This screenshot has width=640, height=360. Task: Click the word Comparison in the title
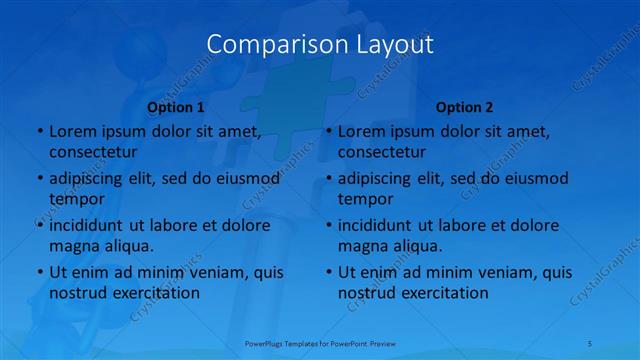tap(267, 44)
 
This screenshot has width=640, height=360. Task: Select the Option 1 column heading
tap(176, 107)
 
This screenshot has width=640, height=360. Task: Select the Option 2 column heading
tap(465, 107)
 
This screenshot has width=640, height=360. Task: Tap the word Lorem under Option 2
tap(361, 131)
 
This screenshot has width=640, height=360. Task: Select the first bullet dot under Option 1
tap(39, 132)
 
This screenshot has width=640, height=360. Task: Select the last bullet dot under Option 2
tap(328, 273)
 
